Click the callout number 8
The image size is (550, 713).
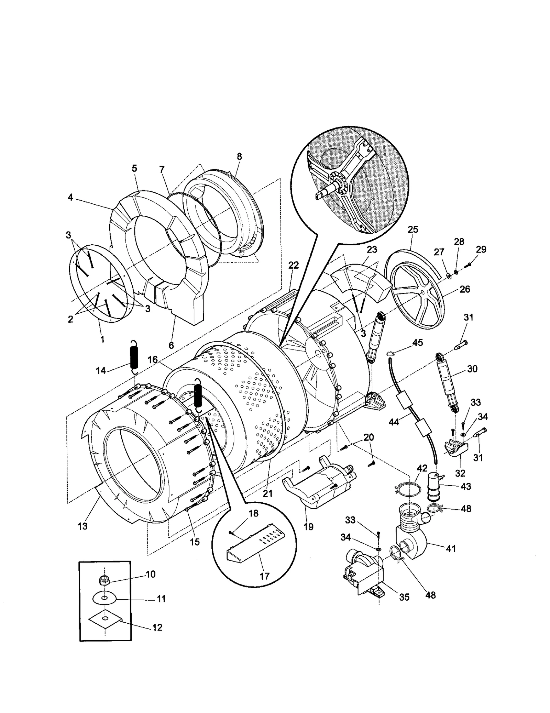coord(239,156)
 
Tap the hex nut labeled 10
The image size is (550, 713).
coord(103,580)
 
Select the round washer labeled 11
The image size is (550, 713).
coord(103,599)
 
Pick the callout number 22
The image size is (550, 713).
coord(293,265)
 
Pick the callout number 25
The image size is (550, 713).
coord(412,229)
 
